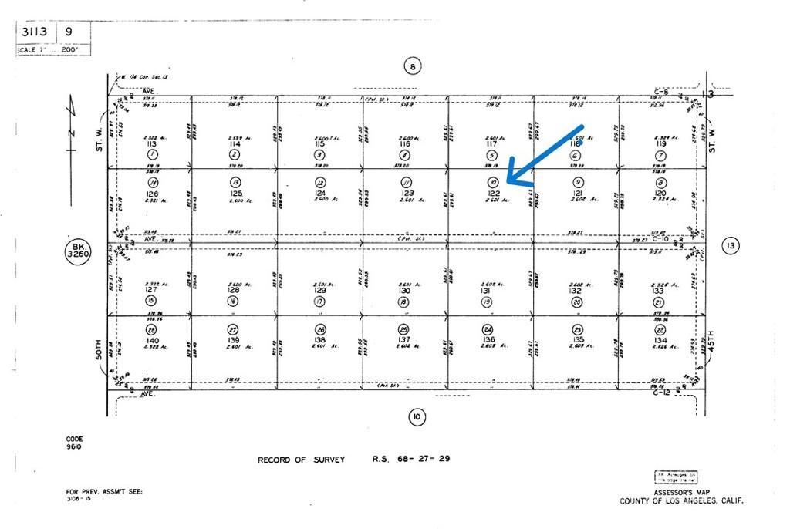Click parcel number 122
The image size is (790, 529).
coord(494,192)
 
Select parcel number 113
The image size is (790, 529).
coord(151,144)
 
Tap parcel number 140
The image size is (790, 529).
coord(152,339)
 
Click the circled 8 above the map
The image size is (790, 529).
coord(413,66)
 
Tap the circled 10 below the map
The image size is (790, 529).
coord(416,418)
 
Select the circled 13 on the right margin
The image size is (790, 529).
coord(730,246)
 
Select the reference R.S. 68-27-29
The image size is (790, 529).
coord(411,460)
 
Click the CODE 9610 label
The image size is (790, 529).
coord(74,443)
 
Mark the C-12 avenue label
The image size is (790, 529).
coord(659,393)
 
